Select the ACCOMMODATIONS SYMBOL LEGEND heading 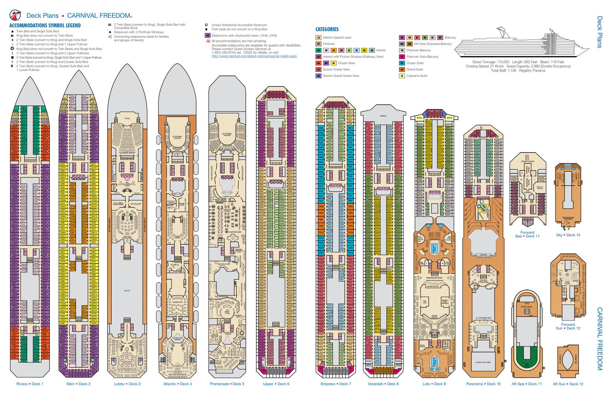(45, 26)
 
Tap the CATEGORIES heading (327, 29)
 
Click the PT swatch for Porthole (318, 44)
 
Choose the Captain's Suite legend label (417, 76)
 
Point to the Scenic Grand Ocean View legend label (341, 76)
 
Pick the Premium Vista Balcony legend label (422, 57)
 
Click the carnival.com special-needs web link (254, 56)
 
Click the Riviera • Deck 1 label (30, 384)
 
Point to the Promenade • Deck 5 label (227, 384)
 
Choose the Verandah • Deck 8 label (383, 384)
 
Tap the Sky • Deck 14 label (568, 235)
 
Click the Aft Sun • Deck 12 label (568, 384)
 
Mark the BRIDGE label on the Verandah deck (383, 116)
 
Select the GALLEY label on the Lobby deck (127, 291)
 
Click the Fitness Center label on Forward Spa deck (527, 162)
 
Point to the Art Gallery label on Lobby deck (136, 204)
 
